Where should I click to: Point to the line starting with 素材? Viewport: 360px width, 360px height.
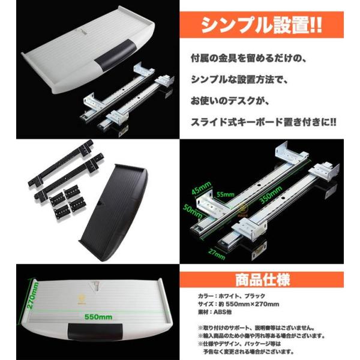click(x=216, y=312)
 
